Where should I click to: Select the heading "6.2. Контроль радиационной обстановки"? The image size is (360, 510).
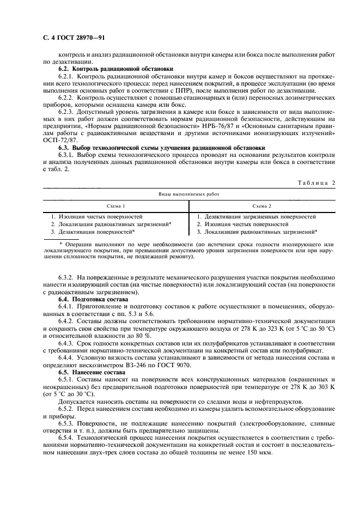115,69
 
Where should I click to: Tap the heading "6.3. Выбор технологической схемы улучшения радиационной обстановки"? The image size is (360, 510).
162,148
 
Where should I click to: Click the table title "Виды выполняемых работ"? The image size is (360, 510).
188,193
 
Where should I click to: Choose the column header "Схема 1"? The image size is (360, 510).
115,207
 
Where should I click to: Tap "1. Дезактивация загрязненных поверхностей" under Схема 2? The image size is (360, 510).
256,216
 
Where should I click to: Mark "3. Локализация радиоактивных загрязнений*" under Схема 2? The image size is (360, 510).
257,232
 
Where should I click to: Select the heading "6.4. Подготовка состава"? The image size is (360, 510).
93,300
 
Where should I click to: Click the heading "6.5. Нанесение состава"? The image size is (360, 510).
90,371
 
